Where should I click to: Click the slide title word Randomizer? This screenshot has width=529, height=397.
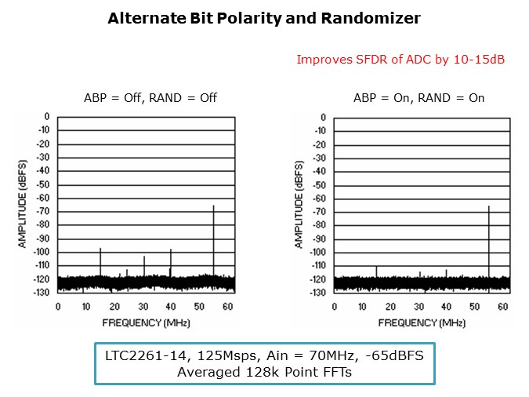[368, 17]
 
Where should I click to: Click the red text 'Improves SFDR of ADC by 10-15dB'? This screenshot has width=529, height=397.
[400, 59]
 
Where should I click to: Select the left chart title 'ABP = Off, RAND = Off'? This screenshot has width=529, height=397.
[150, 98]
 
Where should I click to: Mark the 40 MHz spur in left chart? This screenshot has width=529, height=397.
[171, 262]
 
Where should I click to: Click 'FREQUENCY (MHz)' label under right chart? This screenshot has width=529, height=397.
[418, 322]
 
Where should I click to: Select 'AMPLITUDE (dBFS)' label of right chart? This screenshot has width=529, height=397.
[299, 204]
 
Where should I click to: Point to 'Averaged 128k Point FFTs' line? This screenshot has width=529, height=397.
[264, 372]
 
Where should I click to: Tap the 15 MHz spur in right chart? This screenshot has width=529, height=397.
[376, 271]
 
